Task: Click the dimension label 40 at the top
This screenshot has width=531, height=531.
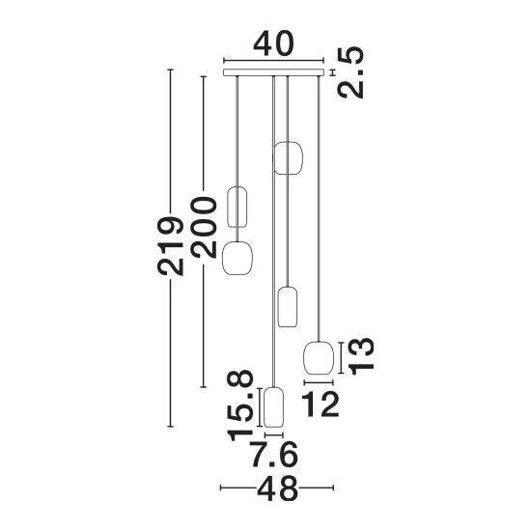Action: (x=273, y=43)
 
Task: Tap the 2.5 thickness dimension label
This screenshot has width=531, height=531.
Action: (x=350, y=72)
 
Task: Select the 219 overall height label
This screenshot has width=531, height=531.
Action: (x=170, y=245)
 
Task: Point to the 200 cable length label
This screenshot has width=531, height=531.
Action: (x=203, y=228)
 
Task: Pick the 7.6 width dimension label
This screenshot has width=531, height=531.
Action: (x=274, y=454)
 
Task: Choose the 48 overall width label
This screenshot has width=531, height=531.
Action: (x=277, y=488)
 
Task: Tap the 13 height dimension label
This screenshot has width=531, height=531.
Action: (x=361, y=356)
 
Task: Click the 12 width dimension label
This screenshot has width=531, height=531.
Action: (x=320, y=404)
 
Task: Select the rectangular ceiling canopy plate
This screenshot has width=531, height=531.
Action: (x=273, y=72)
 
